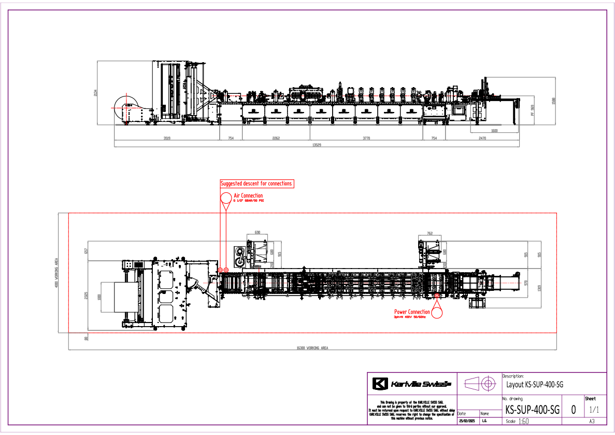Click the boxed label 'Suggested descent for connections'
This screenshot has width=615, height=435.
coord(257,184)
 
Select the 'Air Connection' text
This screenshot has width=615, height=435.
coord(248,195)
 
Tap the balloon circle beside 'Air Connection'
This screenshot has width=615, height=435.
coord(226,198)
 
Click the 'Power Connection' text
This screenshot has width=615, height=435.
coord(412,312)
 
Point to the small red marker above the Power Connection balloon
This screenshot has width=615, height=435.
coord(437,296)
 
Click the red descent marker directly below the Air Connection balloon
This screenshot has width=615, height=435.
coord(226,270)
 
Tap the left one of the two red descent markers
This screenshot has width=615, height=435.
coord(220,270)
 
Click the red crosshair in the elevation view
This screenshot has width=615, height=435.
coord(126,108)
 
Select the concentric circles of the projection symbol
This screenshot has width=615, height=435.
coord(488,384)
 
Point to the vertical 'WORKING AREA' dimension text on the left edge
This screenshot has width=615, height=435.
coord(56,273)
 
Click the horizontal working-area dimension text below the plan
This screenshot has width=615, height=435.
coord(312,348)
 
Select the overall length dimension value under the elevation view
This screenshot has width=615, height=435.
coord(316,145)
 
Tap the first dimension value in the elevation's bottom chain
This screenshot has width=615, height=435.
coord(167,138)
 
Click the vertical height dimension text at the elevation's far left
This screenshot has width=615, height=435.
coord(95,93)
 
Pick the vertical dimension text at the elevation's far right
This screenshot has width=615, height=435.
coord(553,101)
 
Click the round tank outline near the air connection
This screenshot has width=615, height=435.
coord(240,252)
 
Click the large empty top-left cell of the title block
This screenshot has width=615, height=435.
coord(412,384)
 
